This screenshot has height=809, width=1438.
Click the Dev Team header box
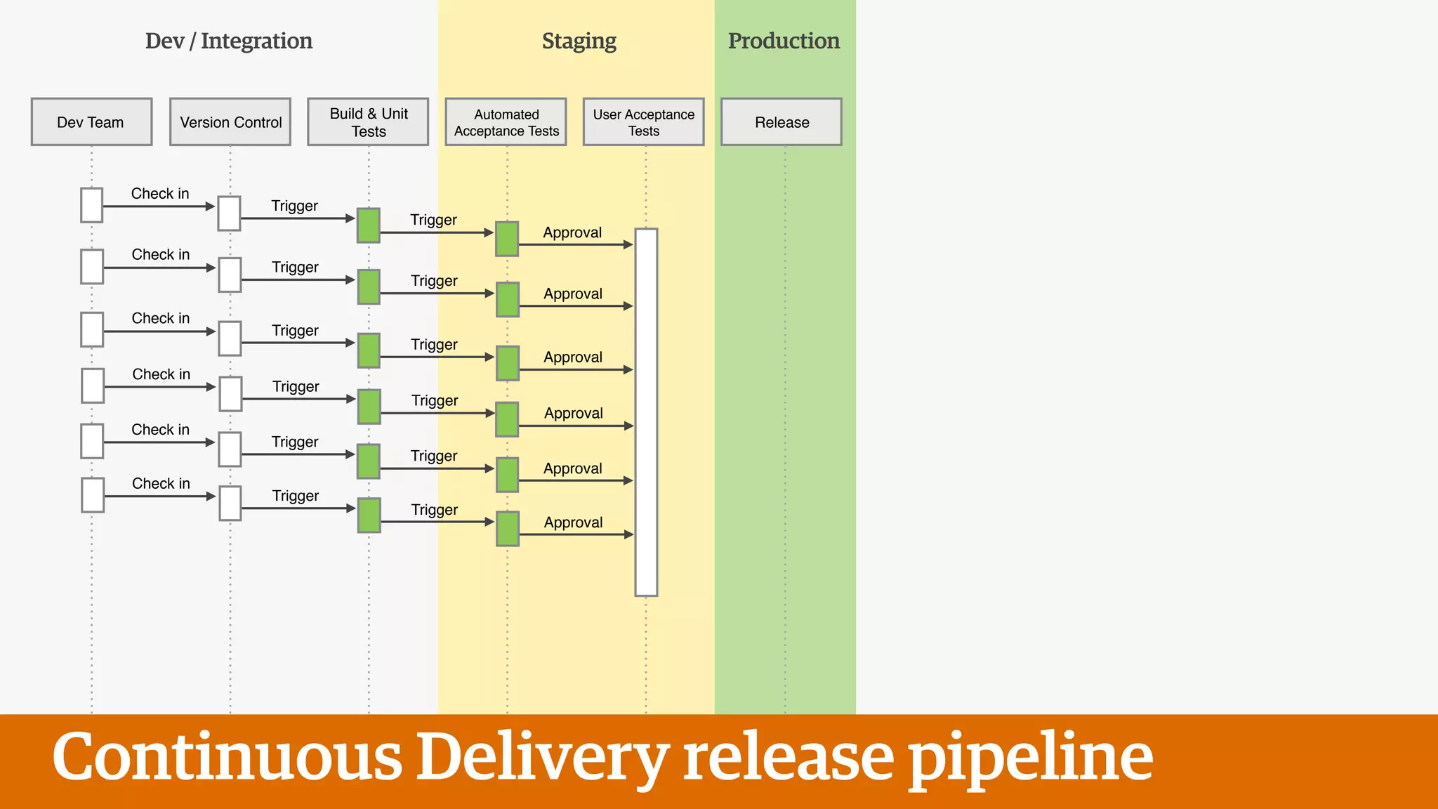coord(91,122)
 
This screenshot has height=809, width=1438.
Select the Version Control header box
coord(230,122)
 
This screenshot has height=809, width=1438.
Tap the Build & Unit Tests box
coord(368,122)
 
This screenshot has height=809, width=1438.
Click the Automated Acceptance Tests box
coord(506,122)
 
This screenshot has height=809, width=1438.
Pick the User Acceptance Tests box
coord(643,122)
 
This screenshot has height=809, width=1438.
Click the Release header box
coord(781,122)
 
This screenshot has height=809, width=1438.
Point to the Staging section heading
coord(579,41)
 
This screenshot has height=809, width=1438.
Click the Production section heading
coord(784,41)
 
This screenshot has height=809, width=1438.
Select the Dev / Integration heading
coord(229,41)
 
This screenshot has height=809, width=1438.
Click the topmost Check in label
coord(160,194)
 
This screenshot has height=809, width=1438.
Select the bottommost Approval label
coord(573,522)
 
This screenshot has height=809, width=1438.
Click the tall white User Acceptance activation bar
coord(646,412)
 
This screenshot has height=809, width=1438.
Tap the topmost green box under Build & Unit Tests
coord(369,225)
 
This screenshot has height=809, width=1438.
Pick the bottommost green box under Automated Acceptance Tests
coord(508,529)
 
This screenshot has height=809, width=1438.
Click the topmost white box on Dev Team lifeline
coord(92,205)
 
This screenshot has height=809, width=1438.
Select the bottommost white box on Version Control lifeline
coord(230,504)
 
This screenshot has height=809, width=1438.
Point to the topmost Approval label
coord(572,232)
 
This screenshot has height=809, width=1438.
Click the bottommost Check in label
coord(161,484)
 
